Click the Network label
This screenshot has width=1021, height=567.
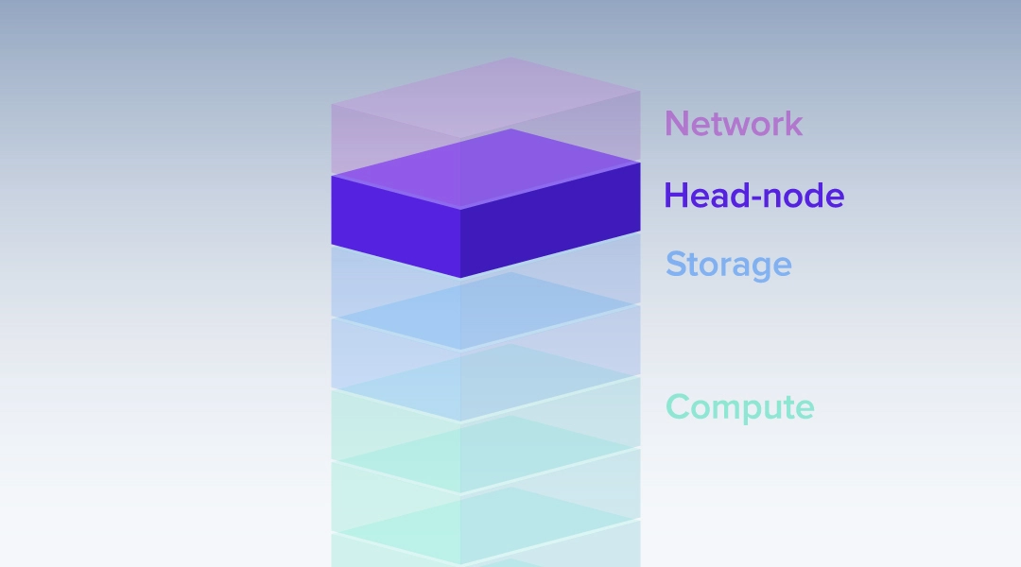tap(734, 123)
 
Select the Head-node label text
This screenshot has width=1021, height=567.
tap(754, 196)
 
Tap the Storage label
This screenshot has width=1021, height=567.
tap(729, 265)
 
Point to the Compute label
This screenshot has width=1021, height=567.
tap(739, 407)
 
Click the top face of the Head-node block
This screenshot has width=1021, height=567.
tap(486, 169)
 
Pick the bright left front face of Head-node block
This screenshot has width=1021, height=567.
tap(396, 227)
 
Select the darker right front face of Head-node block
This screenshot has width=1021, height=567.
tap(550, 220)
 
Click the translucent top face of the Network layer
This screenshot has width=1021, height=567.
tap(486, 97)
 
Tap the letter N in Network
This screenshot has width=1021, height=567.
tap(677, 123)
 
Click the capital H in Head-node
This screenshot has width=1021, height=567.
tap(676, 196)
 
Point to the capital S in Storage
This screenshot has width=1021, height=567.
tap(676, 264)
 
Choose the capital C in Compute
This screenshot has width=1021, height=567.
tap(678, 407)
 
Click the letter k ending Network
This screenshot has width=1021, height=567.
tap(794, 123)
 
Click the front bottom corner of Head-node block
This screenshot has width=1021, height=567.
tap(461, 278)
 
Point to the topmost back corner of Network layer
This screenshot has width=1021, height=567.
tap(510, 58)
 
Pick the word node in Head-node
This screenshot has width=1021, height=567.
tap(805, 196)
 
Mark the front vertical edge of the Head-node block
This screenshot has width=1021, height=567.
tap(461, 244)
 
